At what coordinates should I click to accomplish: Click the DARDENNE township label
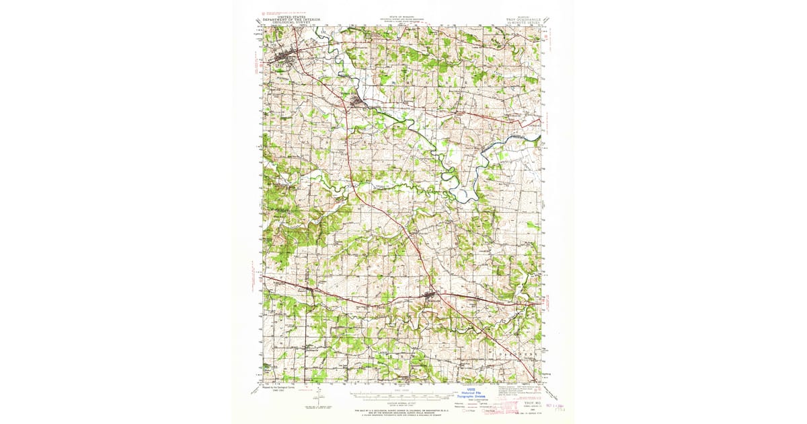pos(517,352)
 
